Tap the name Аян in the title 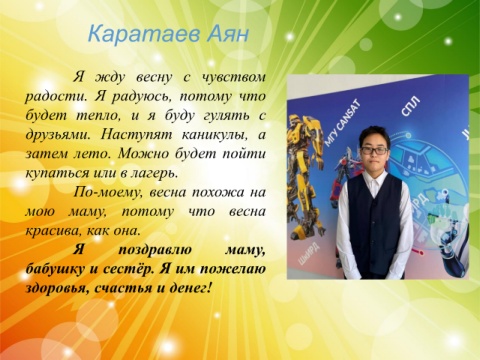[228, 34]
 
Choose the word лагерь [155, 174]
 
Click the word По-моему [108, 193]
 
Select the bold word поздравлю [155, 250]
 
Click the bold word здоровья [57, 288]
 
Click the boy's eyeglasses [374, 151]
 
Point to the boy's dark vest [375, 226]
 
